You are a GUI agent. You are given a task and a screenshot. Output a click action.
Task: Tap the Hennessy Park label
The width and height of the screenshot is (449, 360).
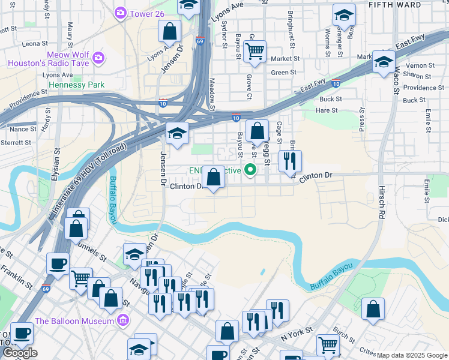click(76, 85)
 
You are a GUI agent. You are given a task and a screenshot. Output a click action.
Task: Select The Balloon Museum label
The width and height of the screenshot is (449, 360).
click(74, 320)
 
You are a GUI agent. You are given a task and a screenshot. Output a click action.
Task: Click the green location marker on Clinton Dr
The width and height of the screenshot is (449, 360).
click(250, 170)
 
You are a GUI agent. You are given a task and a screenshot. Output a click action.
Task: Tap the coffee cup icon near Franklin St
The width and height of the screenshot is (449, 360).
click(58, 262)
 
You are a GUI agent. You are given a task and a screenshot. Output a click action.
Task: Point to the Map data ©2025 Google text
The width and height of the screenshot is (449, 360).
click(412, 355)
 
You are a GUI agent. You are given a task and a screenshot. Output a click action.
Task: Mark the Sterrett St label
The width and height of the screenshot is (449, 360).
click(16, 143)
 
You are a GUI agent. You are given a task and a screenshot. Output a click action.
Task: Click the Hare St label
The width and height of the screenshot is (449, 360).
click(327, 110)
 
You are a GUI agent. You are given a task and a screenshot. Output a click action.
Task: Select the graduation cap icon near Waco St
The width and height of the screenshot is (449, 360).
click(383, 61)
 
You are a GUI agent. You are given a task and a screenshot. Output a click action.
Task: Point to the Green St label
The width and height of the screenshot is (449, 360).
click(284, 73)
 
